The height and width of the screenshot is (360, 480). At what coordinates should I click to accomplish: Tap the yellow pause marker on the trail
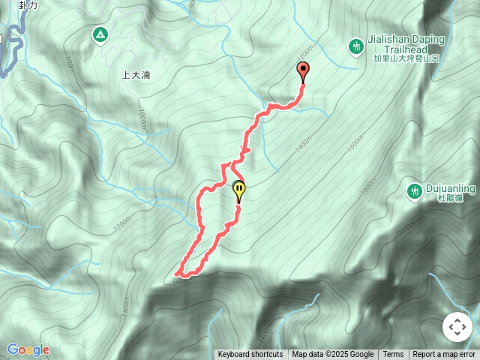[239, 190]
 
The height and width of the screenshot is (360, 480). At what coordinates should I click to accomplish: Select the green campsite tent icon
[100, 34]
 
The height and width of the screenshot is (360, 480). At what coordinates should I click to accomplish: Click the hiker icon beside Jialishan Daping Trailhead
[356, 47]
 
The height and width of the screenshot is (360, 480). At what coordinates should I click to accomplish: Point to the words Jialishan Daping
[406, 39]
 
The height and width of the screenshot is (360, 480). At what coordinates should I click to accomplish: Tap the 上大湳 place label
[136, 75]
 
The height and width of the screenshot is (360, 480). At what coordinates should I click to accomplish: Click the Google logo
[28, 350]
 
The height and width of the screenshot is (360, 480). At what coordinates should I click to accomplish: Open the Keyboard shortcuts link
[250, 355]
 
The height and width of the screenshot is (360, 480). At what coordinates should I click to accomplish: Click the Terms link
[393, 355]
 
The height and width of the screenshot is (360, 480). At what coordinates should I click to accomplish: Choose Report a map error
[444, 355]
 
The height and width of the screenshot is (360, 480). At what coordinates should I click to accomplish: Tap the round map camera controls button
[457, 327]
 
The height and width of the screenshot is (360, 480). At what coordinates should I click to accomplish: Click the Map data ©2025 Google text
[332, 355]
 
